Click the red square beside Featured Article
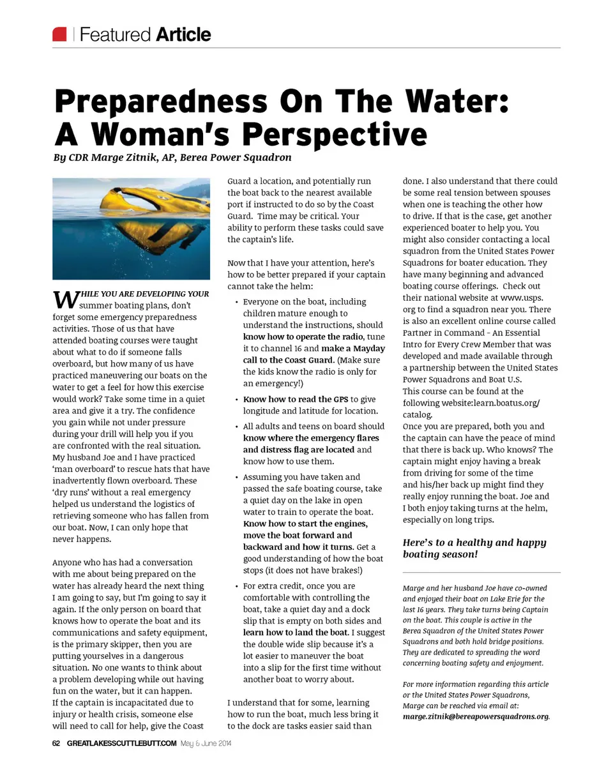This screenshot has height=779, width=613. [59, 34]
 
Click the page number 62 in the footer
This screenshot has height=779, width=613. [56, 743]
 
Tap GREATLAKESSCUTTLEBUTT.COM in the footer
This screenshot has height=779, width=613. [121, 743]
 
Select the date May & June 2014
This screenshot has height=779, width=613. [206, 743]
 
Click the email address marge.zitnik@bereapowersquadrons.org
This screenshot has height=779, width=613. [476, 716]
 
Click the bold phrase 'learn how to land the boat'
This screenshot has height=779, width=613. [296, 633]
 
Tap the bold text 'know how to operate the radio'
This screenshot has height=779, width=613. [303, 337]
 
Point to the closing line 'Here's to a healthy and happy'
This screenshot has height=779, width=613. [474, 543]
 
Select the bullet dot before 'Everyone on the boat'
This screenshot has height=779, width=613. [236, 302]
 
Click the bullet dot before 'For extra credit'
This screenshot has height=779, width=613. [236, 586]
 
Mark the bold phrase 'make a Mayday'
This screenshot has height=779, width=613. [353, 349]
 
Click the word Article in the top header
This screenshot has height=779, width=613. [183, 34]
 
